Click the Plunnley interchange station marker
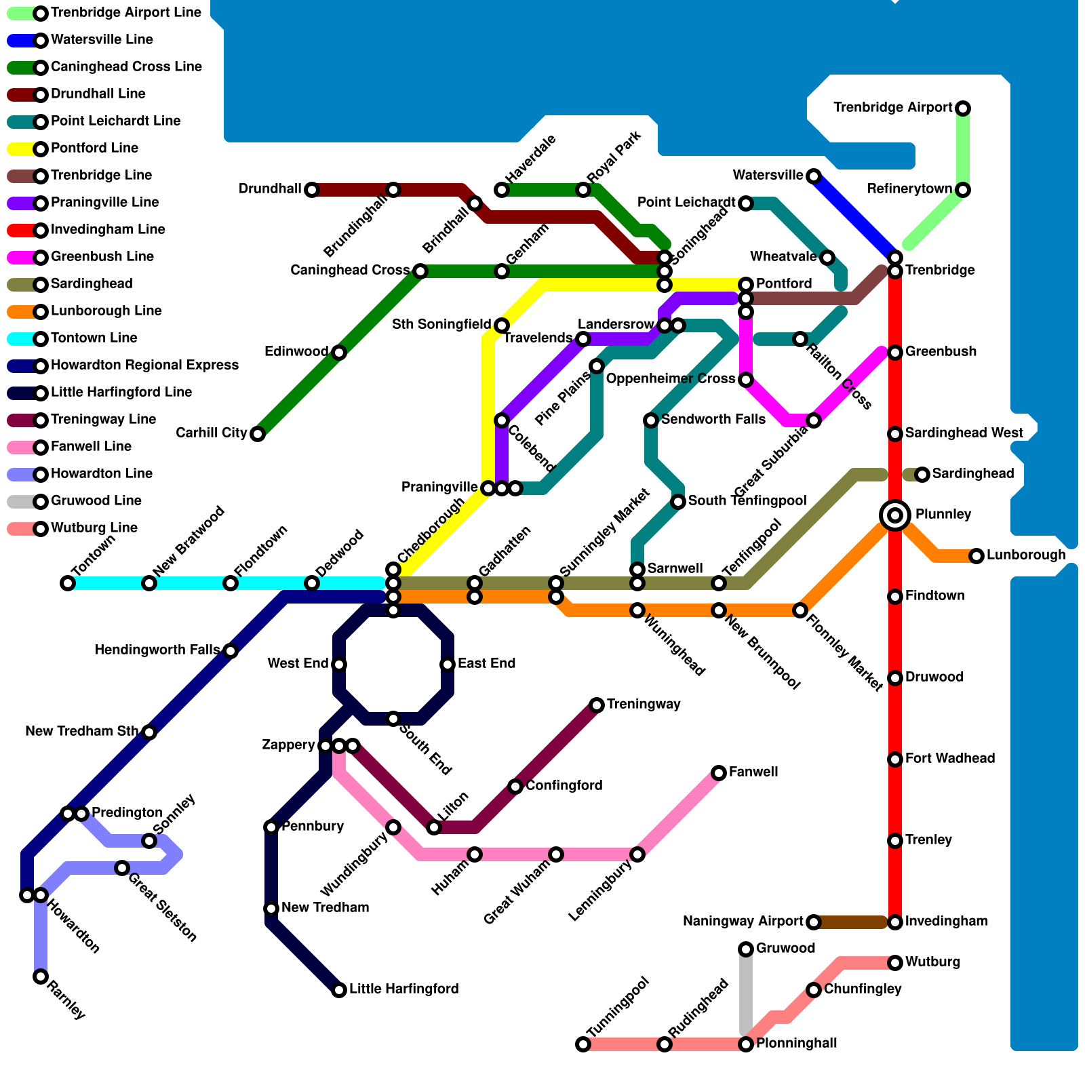(x=895, y=515)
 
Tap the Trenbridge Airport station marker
(x=963, y=108)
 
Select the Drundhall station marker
(x=312, y=190)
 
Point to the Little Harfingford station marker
(x=339, y=990)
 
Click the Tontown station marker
(x=68, y=583)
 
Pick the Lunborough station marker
(x=976, y=556)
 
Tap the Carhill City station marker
(x=258, y=434)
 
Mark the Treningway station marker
(x=597, y=705)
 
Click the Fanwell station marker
(x=719, y=773)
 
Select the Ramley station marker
(x=41, y=976)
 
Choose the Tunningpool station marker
(x=583, y=1044)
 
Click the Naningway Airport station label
(x=743, y=922)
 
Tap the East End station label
(x=486, y=664)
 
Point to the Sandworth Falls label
(x=713, y=420)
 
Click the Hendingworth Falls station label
(x=157, y=650)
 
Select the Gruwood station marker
(x=746, y=949)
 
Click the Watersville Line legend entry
(x=102, y=40)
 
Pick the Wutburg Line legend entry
(x=94, y=528)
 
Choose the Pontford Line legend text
(x=94, y=149)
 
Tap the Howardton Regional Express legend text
(x=144, y=366)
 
